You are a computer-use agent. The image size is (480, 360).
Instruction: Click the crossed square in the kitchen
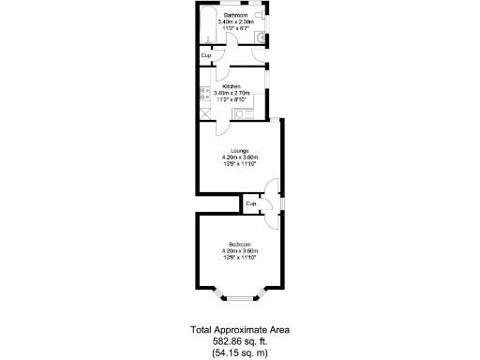(x=204, y=110)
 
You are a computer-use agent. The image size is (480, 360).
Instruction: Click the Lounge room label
(x=240, y=150)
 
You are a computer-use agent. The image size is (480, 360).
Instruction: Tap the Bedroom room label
(x=239, y=244)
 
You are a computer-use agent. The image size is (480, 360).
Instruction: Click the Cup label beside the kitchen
(x=205, y=56)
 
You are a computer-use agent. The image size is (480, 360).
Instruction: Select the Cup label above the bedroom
(x=251, y=202)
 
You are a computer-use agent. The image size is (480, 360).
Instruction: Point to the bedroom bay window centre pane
(x=240, y=298)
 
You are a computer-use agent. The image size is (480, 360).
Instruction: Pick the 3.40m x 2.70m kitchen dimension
(x=232, y=94)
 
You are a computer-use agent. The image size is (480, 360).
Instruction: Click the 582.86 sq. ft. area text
(x=240, y=341)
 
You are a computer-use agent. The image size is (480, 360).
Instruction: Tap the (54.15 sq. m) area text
(x=240, y=352)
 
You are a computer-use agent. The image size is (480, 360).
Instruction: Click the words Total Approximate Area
(x=240, y=330)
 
